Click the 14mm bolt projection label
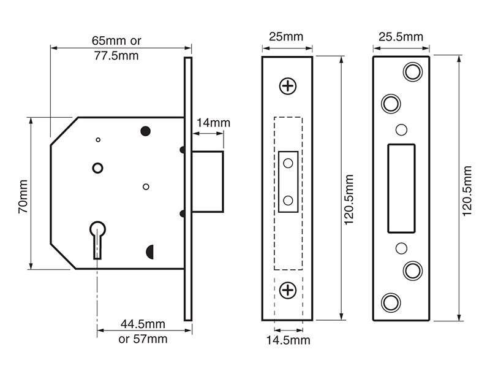213,123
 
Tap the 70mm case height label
23,196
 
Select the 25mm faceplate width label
286,37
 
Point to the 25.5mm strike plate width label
401,37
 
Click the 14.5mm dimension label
288,340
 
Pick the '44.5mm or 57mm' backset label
143,331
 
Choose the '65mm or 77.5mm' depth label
116,48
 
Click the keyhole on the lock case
98,240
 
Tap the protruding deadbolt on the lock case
208,182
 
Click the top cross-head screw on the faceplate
288,86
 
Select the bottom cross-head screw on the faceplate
288,290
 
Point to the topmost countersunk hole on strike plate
413,72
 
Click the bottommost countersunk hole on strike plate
391,303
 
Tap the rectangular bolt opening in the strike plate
401,188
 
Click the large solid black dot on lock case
146,131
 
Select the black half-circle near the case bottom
149,252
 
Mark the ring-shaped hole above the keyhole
98,168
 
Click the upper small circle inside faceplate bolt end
288,163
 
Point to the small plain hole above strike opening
401,129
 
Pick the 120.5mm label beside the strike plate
467,191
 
